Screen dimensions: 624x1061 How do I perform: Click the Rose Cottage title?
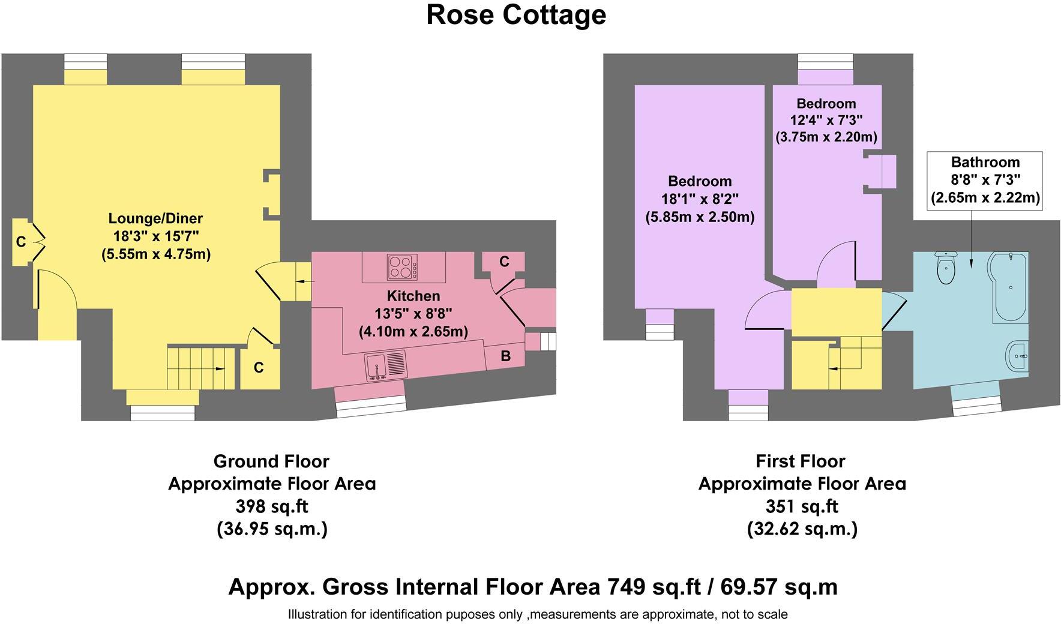click(516, 15)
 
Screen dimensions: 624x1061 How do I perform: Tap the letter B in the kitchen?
click(505, 356)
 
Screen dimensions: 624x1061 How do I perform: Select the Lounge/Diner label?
click(155, 218)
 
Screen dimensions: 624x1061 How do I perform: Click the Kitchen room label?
click(413, 296)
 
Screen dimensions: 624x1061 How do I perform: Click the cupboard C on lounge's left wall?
click(21, 242)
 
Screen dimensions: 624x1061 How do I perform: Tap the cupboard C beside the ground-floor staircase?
click(259, 367)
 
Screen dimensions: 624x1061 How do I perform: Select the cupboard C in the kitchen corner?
click(504, 262)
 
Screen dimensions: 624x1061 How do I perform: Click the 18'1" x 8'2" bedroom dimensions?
click(700, 199)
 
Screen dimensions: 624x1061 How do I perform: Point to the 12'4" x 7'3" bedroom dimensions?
click(826, 120)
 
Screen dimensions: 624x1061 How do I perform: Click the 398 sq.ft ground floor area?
click(271, 506)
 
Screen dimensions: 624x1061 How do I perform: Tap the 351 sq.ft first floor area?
click(801, 506)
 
